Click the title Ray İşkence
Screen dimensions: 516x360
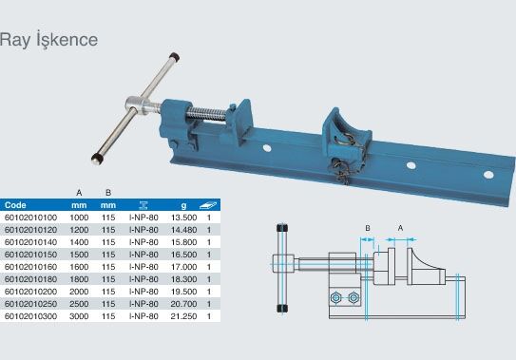[48, 40]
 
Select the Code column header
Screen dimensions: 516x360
[15, 205]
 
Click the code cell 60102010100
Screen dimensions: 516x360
[31, 218]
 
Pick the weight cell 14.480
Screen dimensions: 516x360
[183, 230]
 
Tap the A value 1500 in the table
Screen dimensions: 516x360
[79, 255]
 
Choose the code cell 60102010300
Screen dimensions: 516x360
[31, 316]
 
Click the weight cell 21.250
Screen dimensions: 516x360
[183, 316]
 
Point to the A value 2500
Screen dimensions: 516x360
[79, 304]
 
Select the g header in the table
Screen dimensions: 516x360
[183, 206]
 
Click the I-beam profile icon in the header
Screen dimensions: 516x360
[143, 205]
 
